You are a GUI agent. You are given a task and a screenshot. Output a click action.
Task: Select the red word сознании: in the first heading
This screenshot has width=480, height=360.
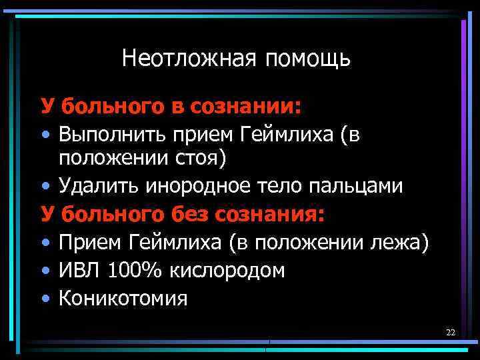[x=246, y=105]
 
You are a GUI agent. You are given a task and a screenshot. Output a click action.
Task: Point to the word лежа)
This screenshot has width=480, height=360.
[x=400, y=243]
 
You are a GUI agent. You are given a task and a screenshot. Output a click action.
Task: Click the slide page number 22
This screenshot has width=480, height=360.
[x=450, y=332]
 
